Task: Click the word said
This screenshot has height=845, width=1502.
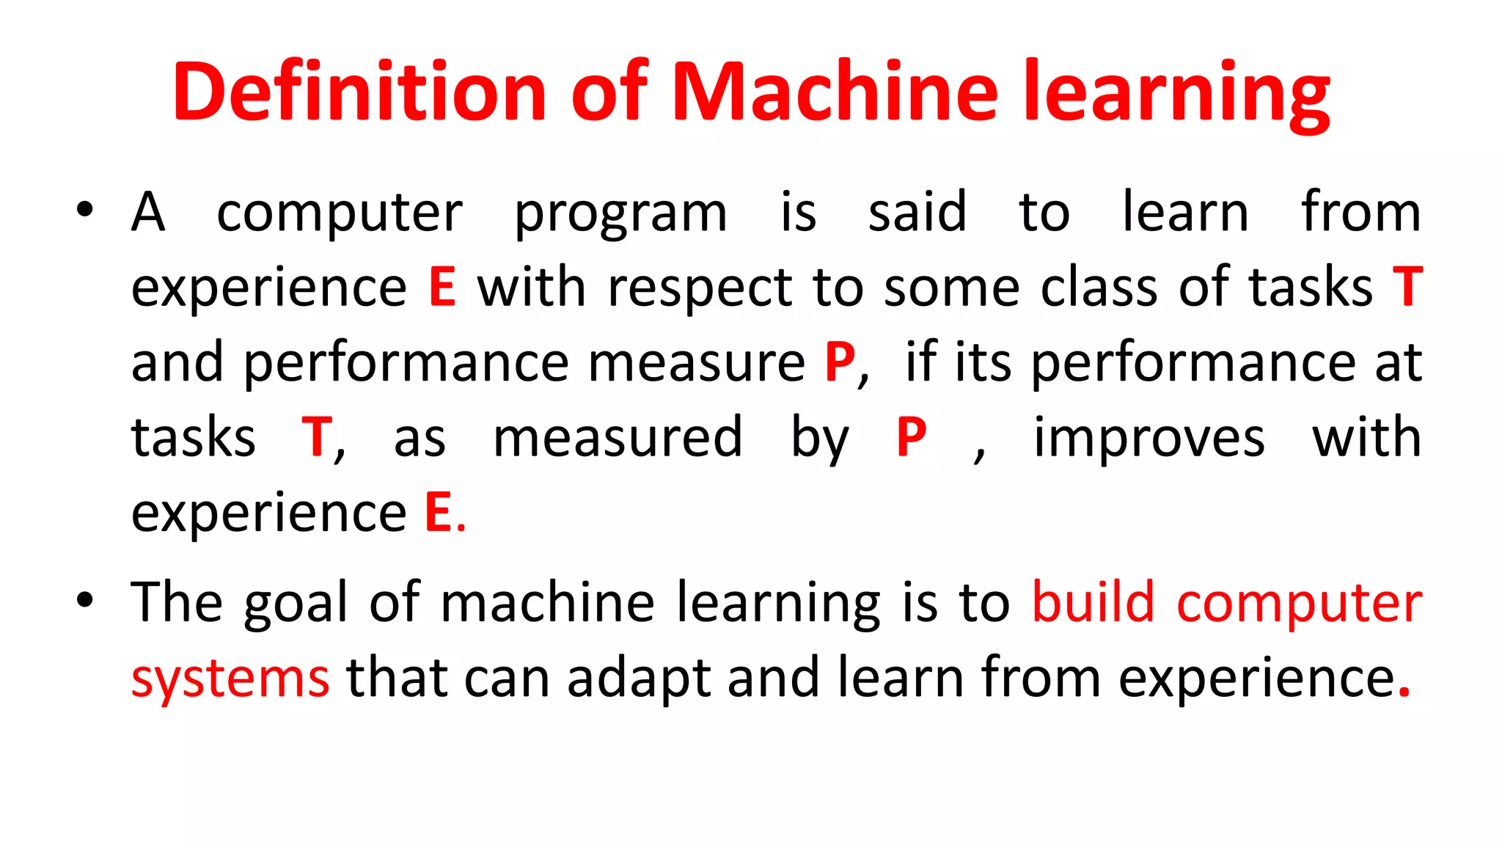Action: pyautogui.click(x=917, y=213)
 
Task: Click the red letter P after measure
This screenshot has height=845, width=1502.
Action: pyautogui.click(x=839, y=362)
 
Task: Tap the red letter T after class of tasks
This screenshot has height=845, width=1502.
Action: pyautogui.click(x=1407, y=287)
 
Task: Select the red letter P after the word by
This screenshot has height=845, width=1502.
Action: pyautogui.click(x=911, y=438)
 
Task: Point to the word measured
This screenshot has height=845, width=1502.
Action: pyautogui.click(x=618, y=438)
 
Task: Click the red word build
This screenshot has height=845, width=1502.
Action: pyautogui.click(x=1093, y=603)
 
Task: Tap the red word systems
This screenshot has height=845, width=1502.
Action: pyautogui.click(x=230, y=679)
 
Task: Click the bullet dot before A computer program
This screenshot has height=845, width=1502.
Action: pyautogui.click(x=85, y=211)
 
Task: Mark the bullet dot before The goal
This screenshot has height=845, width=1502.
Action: pyautogui.click(x=85, y=600)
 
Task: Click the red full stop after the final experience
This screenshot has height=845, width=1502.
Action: pyautogui.click(x=1404, y=693)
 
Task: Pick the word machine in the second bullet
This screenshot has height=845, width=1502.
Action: pyautogui.click(x=547, y=603)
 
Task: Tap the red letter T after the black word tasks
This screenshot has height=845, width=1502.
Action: pyautogui.click(x=317, y=438)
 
